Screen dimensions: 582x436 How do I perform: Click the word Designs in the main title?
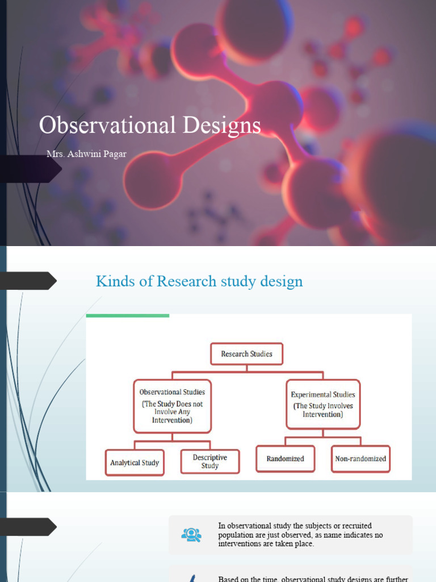(x=226, y=126)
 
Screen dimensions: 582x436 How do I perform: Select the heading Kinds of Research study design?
(x=199, y=281)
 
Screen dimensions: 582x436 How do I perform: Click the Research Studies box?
(x=246, y=354)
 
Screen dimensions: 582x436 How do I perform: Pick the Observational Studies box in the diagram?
(x=172, y=406)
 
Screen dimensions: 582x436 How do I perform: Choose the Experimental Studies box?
(x=322, y=404)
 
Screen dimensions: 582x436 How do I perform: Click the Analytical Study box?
(x=135, y=462)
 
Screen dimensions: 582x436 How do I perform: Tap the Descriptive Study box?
(x=210, y=462)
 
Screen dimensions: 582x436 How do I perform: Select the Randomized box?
(x=285, y=459)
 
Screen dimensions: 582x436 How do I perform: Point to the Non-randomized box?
(x=360, y=459)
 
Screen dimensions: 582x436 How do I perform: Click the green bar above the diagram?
(x=128, y=315)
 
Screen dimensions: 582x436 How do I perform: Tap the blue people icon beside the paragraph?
(x=191, y=535)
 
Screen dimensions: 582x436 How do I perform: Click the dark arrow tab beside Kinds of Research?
(x=28, y=281)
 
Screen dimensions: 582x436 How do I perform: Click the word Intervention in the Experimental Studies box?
(x=322, y=414)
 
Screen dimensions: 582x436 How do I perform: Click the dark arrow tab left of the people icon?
(x=28, y=526)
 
